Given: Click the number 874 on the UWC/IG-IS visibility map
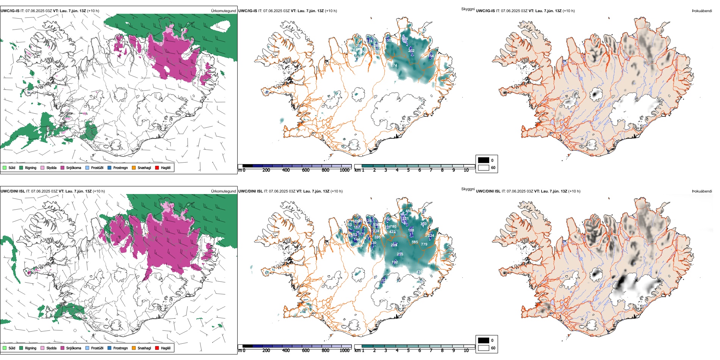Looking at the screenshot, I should [x=394, y=66].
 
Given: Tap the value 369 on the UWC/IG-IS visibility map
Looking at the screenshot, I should [x=405, y=39].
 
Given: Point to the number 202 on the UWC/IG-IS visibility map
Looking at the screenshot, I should [x=411, y=51].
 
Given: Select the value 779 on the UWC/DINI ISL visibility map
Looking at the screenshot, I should [x=424, y=244].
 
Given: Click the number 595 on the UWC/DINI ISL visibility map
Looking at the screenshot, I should [x=415, y=242].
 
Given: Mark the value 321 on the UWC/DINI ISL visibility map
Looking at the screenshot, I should [x=405, y=219].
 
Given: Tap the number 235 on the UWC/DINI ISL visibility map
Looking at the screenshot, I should [x=400, y=254].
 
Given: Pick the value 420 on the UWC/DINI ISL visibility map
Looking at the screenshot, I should [x=419, y=272].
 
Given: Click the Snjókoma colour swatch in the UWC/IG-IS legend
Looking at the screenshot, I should [x=63, y=168].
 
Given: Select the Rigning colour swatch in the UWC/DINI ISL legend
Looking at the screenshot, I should [x=21, y=348].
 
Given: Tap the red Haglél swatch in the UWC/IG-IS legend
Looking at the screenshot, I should [x=157, y=168].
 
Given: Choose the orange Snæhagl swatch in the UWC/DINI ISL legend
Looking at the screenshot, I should [x=134, y=348].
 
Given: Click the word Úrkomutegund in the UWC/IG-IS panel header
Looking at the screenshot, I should [x=224, y=11].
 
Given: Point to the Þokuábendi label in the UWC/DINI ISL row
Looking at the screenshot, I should [x=702, y=191].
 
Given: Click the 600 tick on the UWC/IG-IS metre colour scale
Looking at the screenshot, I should [x=306, y=171].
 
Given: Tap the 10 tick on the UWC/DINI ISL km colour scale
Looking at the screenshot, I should [x=466, y=351].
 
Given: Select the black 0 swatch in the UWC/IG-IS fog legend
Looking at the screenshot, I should [x=484, y=160].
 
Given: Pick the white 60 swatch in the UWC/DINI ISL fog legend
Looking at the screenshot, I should [x=484, y=348].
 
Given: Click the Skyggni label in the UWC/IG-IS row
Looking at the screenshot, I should [x=468, y=9].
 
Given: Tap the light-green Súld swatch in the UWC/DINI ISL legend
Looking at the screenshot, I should [x=5, y=348].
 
